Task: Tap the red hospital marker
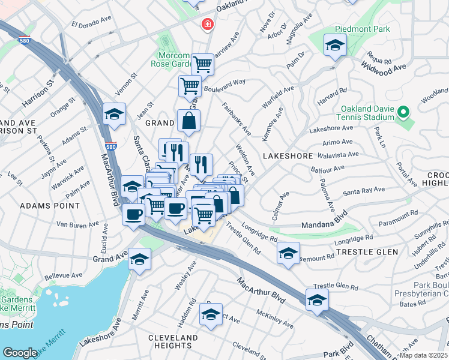[206, 25]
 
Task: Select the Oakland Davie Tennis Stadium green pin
[403, 112]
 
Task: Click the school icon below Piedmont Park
[335, 46]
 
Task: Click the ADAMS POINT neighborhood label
[50, 205]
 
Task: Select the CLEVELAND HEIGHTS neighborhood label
[173, 342]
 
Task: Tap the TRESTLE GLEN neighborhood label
[364, 252]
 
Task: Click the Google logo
[20, 353]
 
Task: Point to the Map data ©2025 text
[424, 355]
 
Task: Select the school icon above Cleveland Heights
[211, 314]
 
